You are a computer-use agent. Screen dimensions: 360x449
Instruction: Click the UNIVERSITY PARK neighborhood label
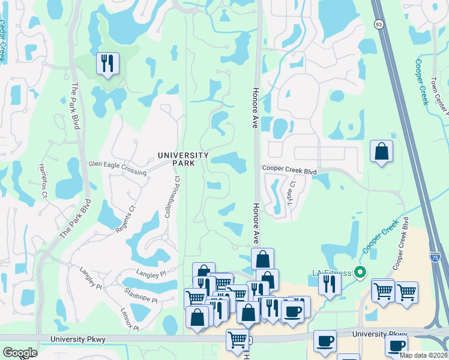point(183,159)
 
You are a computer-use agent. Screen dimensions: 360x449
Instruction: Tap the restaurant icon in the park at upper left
point(107,63)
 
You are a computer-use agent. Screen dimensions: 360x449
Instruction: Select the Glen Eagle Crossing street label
point(117,167)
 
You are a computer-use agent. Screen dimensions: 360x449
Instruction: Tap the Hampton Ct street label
point(43,181)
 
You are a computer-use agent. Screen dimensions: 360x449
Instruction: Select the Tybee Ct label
point(293,194)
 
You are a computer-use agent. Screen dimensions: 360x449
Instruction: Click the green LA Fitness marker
point(360,273)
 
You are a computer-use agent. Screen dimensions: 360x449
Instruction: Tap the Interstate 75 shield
point(435,256)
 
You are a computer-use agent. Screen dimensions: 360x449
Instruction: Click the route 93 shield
point(378,24)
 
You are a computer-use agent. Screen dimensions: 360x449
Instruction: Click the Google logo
point(20,353)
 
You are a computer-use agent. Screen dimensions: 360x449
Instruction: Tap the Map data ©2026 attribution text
point(423,355)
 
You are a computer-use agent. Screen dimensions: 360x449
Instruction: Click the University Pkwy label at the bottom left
point(79,340)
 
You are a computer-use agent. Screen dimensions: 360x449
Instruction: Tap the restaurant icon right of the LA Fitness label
point(330,283)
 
